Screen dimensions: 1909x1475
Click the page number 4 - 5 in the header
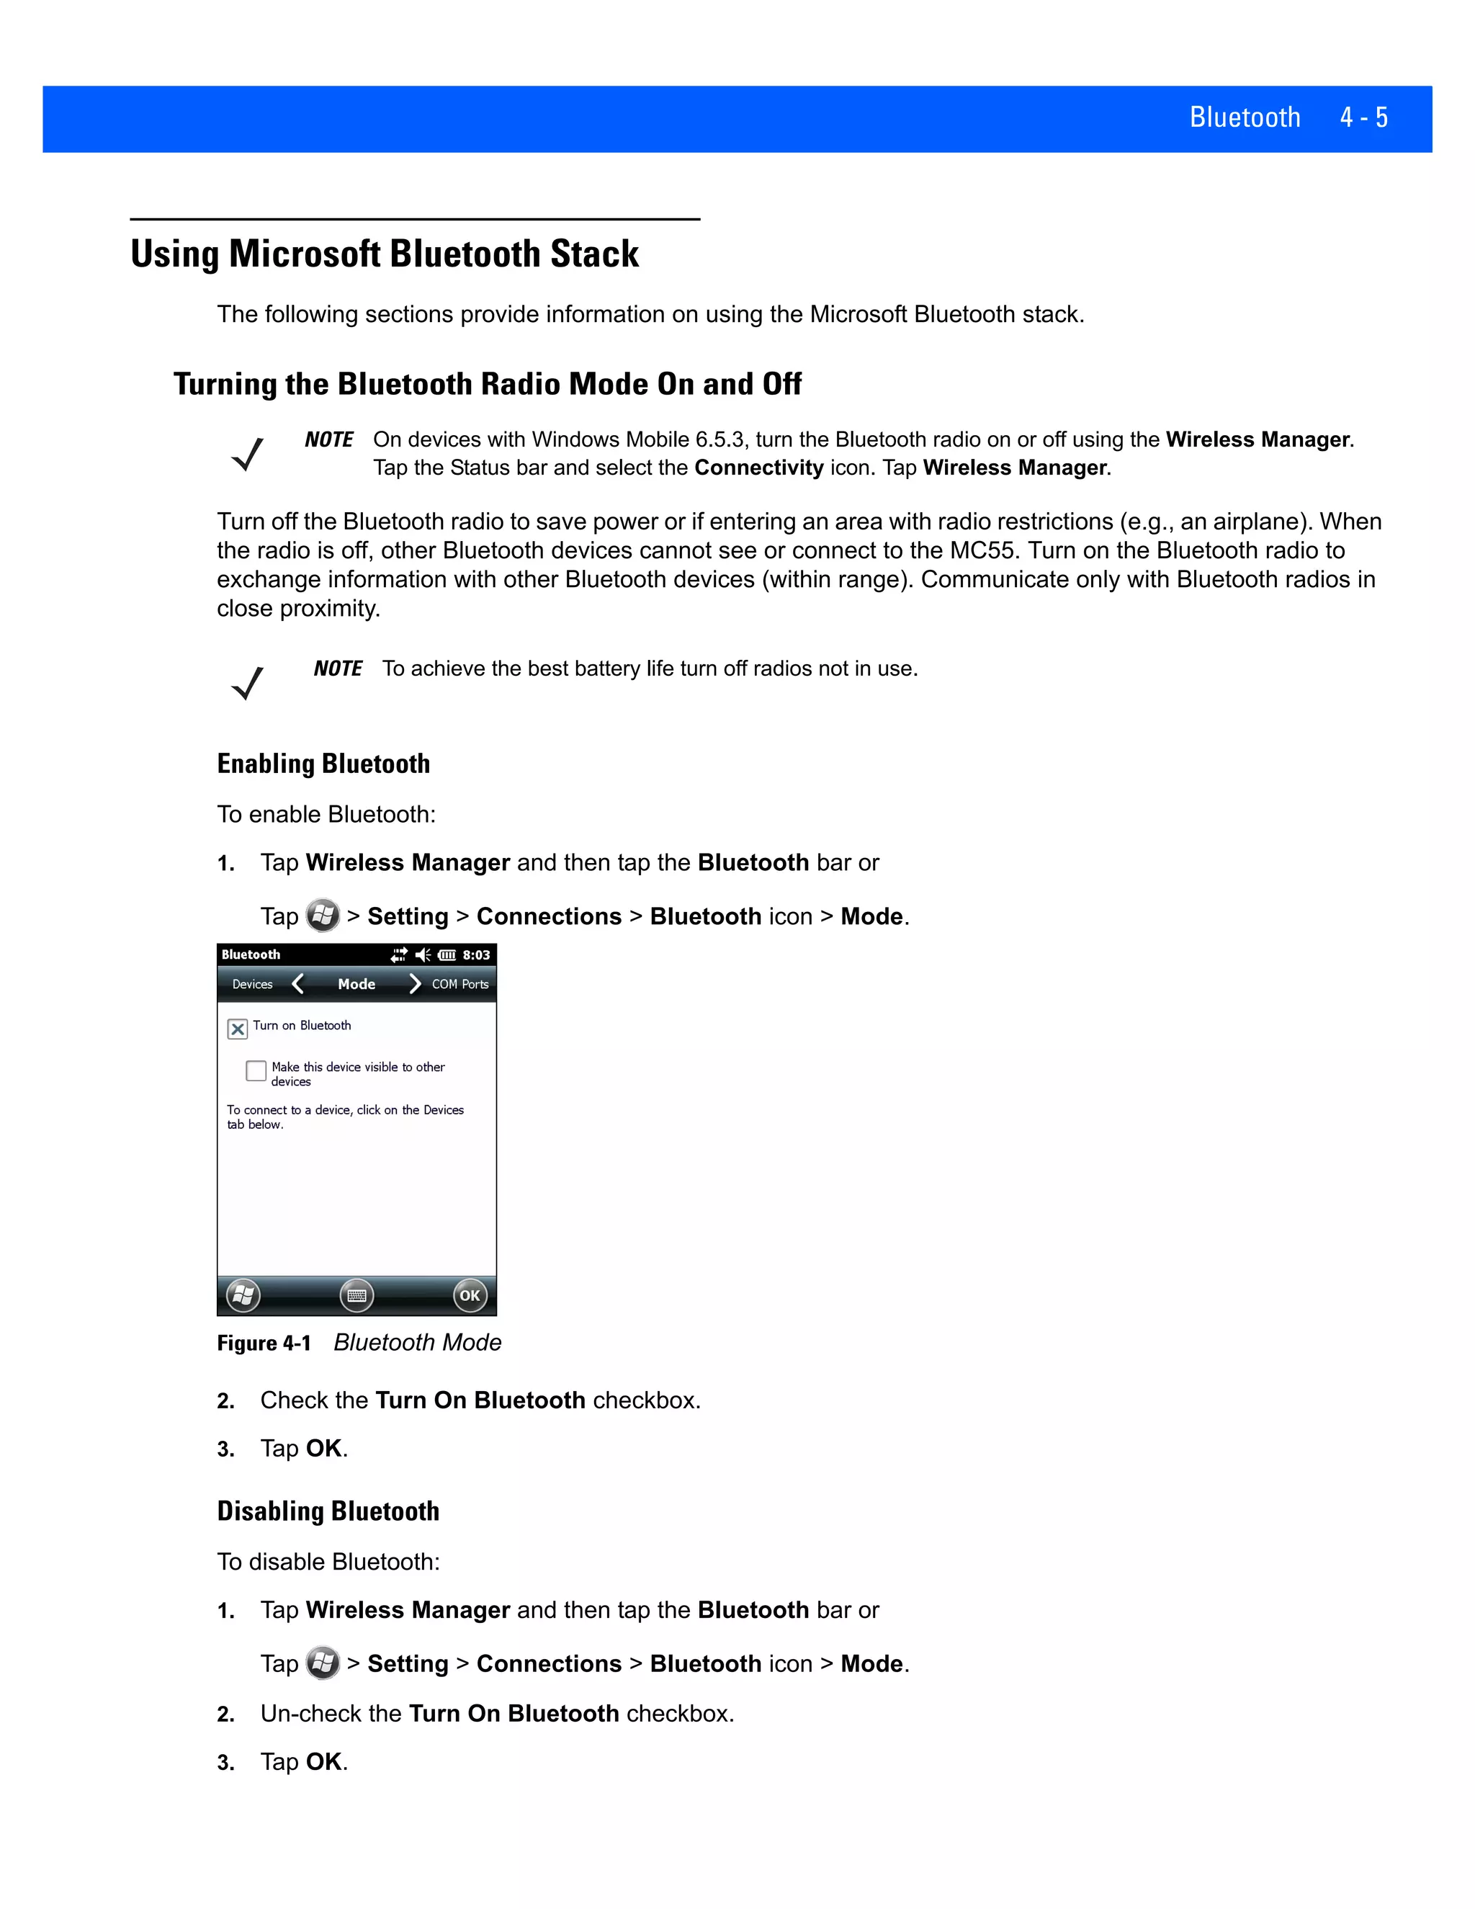point(1363,117)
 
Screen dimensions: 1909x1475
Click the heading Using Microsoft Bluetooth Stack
point(385,254)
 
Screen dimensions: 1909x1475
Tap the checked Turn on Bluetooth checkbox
point(238,1029)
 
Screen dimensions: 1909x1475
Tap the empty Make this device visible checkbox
point(256,1070)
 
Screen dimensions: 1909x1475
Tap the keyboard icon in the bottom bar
point(357,1295)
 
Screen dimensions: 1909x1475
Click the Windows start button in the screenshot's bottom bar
point(243,1295)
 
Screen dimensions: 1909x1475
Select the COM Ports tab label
point(459,984)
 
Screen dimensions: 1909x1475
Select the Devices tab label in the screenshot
point(253,984)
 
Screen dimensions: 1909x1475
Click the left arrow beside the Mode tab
point(298,984)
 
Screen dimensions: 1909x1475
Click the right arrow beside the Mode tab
point(414,984)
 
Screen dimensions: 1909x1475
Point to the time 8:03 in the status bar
point(476,955)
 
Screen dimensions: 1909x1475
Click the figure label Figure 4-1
point(264,1344)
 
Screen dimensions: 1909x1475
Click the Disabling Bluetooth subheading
point(328,1511)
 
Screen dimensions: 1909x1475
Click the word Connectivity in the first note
point(758,468)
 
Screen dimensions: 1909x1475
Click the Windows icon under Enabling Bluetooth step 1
point(323,916)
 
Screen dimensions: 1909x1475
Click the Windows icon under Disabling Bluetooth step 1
point(323,1663)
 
